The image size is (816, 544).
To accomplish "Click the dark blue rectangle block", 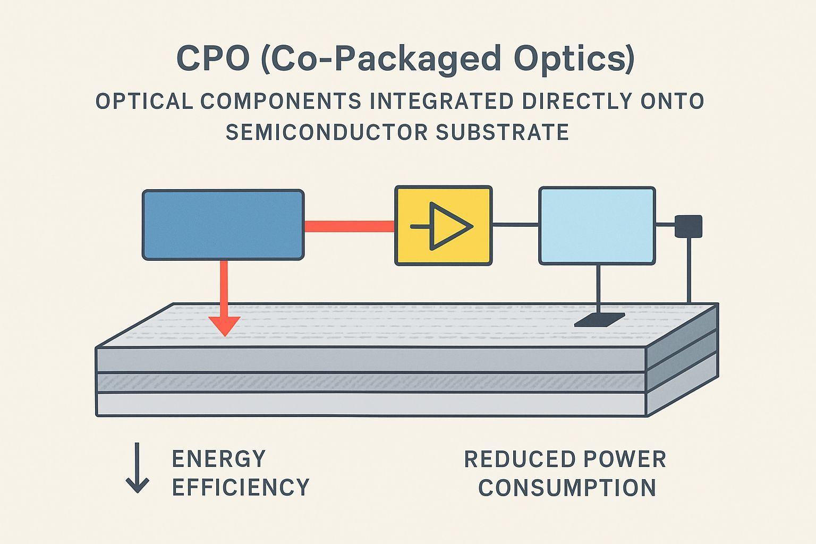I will [223, 225].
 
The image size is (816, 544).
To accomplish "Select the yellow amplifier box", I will [443, 225].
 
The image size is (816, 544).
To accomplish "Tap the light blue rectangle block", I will [597, 225].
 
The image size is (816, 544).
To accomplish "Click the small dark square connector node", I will [688, 226].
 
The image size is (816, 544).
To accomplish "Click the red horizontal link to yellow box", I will [349, 226].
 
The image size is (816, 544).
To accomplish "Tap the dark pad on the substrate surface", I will [599, 319].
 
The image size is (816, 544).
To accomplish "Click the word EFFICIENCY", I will [241, 487].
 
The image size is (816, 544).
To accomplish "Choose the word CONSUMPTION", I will [567, 488].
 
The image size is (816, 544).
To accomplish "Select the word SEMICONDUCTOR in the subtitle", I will [326, 132].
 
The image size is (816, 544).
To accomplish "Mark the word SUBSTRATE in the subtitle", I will [502, 132].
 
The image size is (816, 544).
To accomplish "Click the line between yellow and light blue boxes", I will [515, 225].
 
